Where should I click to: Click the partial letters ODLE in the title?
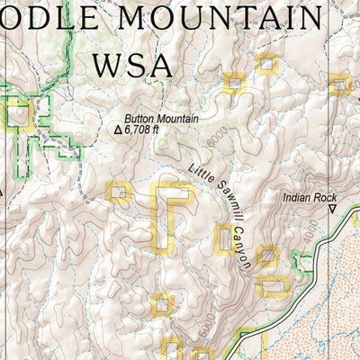(45, 18)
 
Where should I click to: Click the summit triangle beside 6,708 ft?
(118, 130)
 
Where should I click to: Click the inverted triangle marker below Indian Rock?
(331, 211)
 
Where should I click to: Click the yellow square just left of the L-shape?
(118, 191)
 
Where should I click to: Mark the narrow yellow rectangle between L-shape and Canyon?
(223, 238)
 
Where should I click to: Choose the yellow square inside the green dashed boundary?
(18, 113)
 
